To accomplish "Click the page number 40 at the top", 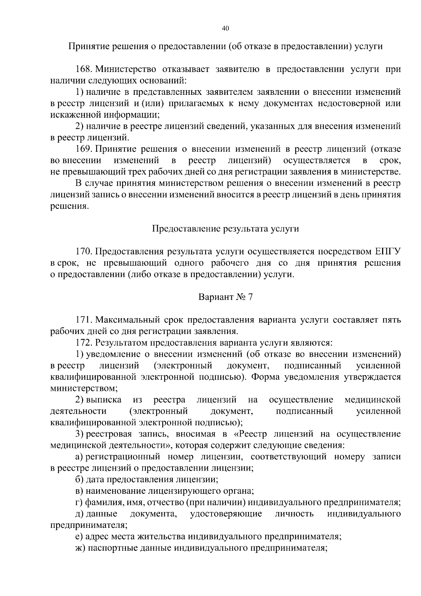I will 226,28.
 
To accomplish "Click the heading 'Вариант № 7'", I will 226,297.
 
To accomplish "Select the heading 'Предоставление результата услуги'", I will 226,229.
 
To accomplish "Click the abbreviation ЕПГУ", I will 388,252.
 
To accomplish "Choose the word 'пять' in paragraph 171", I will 392,320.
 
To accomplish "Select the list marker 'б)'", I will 80,480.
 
